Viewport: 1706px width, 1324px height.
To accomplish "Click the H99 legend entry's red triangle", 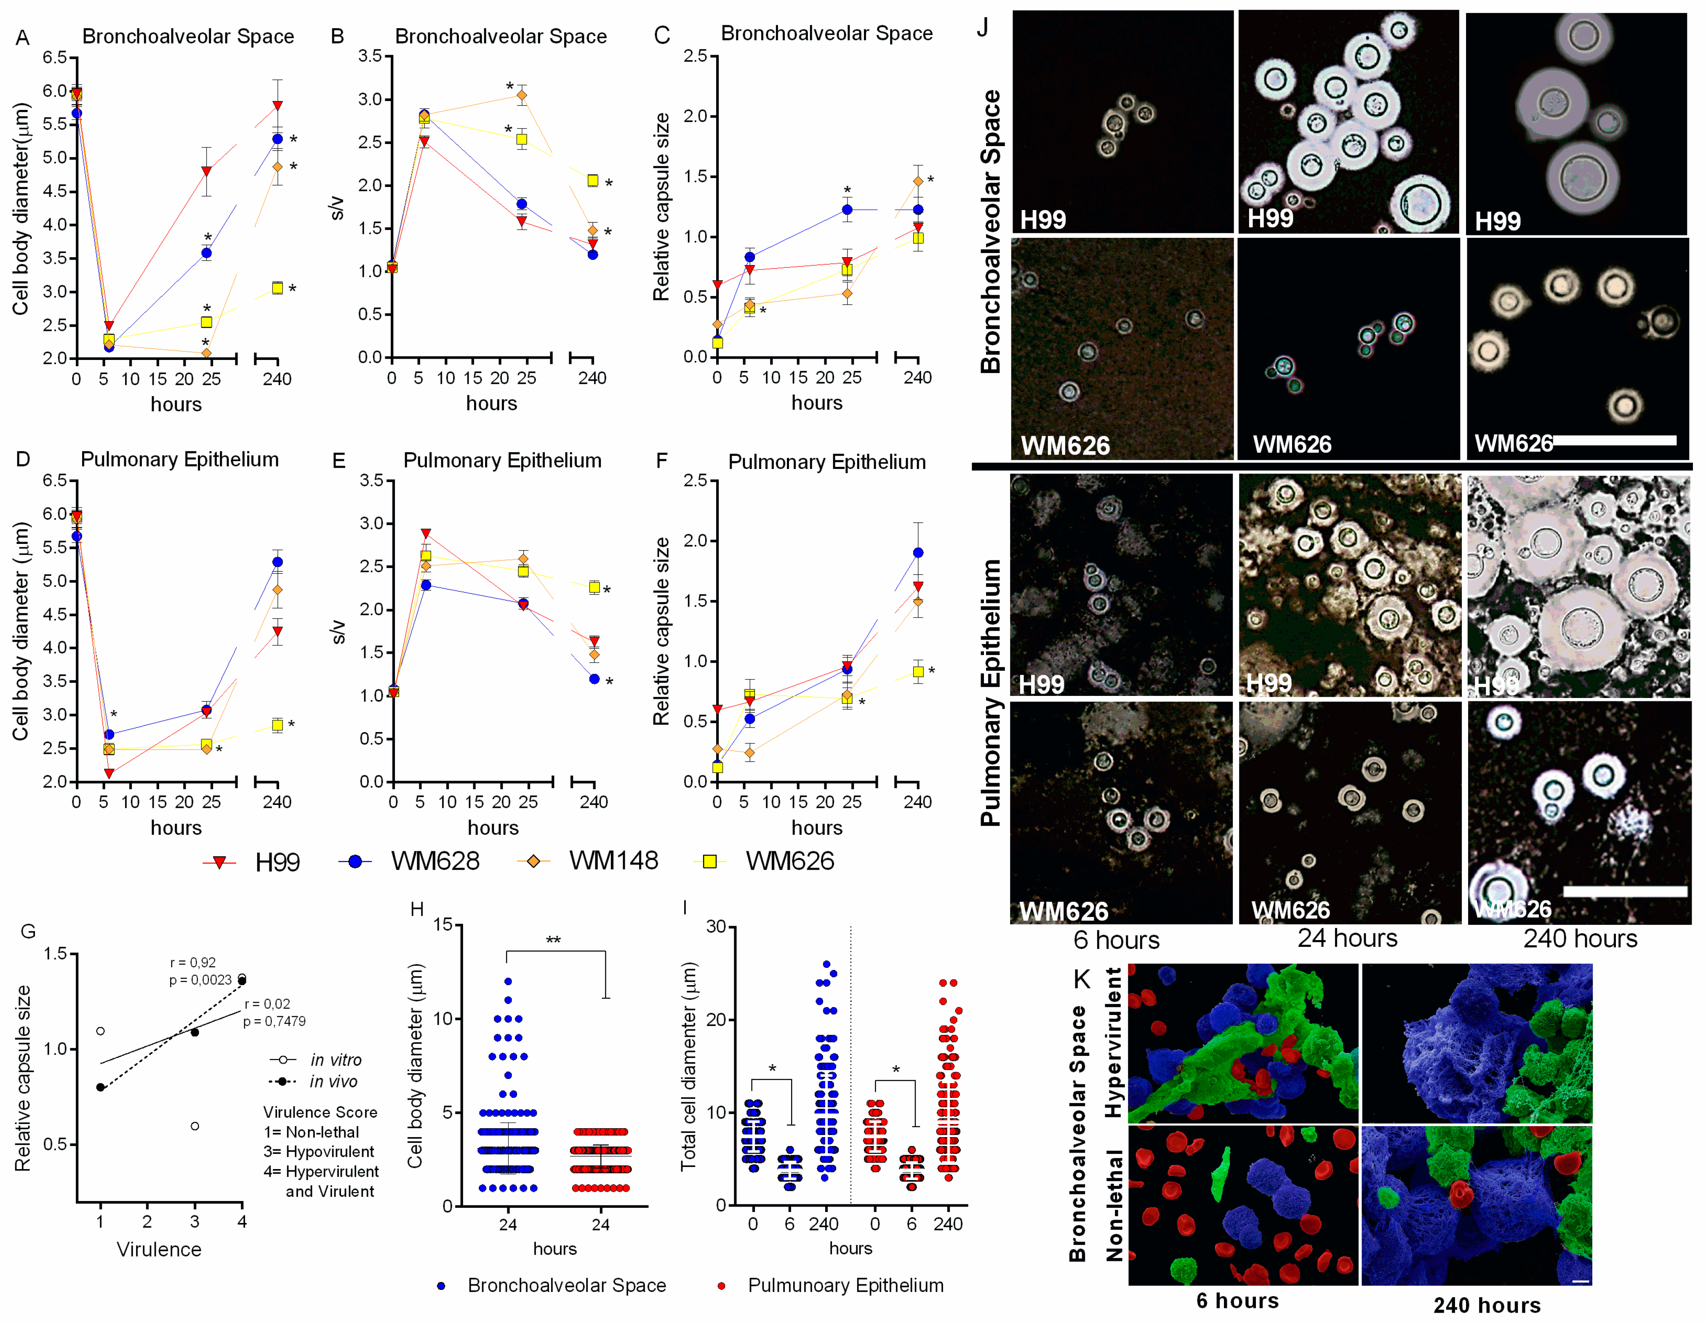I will click(x=219, y=862).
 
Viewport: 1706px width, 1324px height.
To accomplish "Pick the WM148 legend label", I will click(x=613, y=861).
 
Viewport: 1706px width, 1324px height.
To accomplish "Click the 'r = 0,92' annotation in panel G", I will click(x=193, y=962).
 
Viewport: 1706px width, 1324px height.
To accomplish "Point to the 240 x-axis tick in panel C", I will click(x=918, y=378).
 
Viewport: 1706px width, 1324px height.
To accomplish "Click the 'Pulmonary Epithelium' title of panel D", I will click(x=180, y=459).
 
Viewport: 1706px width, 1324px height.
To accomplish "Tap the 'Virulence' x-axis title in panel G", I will click(x=159, y=1249).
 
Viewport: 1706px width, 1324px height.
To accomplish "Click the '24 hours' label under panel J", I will click(x=1347, y=938).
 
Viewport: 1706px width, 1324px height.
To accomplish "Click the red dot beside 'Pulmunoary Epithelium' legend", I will click(x=721, y=1286).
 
